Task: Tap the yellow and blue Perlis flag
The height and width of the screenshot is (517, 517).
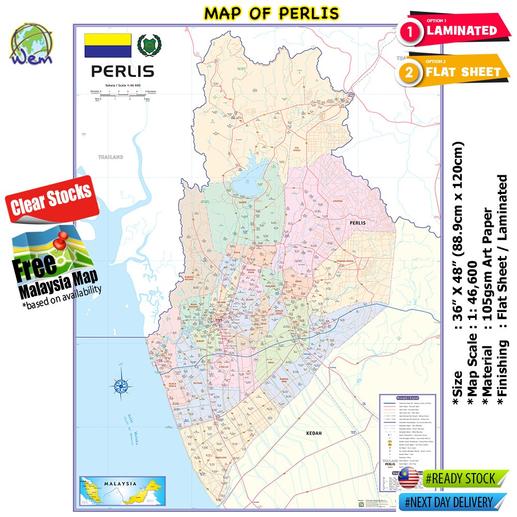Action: point(108,45)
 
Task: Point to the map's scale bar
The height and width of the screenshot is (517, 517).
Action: point(122,95)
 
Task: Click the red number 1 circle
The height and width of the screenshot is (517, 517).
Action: point(410,32)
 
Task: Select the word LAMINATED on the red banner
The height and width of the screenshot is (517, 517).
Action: point(461,31)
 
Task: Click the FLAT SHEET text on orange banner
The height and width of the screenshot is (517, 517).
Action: point(463,72)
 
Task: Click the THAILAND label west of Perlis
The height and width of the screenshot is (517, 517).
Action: point(111,156)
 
